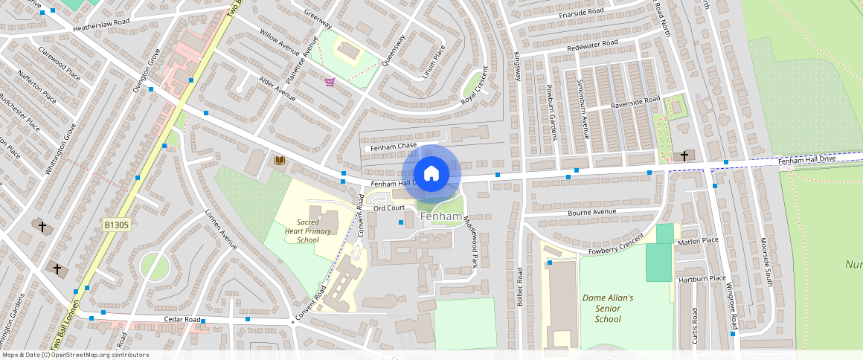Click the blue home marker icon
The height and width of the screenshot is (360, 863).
[431, 174]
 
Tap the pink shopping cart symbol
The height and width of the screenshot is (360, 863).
[330, 82]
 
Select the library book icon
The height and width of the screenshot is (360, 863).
[280, 161]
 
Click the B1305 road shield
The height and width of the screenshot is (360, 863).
[117, 224]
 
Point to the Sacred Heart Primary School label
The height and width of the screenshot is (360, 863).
[307, 231]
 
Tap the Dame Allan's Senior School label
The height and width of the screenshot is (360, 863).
[608, 308]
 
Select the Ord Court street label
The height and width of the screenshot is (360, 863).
[388, 208]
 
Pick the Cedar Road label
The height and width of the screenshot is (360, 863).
[183, 319]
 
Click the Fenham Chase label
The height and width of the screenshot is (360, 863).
[394, 147]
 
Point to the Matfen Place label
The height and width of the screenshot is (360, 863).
[698, 241]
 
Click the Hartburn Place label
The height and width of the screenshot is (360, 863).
[702, 279]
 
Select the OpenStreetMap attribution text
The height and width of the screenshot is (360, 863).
[74, 355]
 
